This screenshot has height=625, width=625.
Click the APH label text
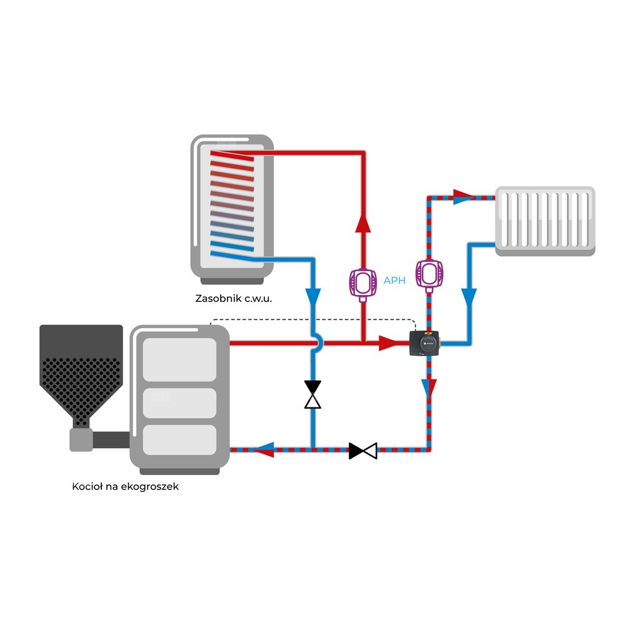pyautogui.click(x=394, y=281)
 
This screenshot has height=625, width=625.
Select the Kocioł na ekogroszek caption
pyautogui.click(x=126, y=486)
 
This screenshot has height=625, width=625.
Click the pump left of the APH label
pyautogui.click(x=362, y=281)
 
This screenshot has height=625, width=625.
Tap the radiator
pyautogui.click(x=545, y=220)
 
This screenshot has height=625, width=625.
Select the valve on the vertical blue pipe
pyautogui.click(x=312, y=394)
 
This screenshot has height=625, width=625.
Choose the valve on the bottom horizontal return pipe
pyautogui.click(x=363, y=450)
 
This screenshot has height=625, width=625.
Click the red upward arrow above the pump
pyautogui.click(x=362, y=224)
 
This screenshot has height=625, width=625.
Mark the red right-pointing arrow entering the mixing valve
pyautogui.click(x=387, y=342)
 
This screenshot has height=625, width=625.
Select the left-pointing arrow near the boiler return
pyautogui.click(x=265, y=449)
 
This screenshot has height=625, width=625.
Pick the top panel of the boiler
pyautogui.click(x=179, y=358)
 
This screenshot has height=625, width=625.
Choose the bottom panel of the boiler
pyautogui.click(x=179, y=439)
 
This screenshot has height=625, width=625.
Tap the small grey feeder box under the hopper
pyautogui.click(x=81, y=439)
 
